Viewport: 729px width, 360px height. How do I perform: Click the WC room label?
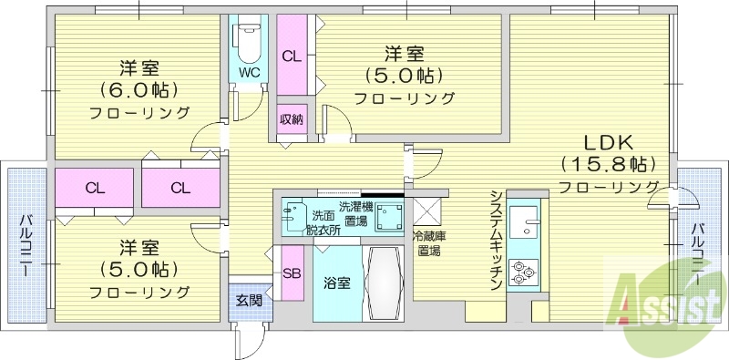click(x=248, y=71)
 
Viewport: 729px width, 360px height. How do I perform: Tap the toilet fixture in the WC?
click(x=248, y=41)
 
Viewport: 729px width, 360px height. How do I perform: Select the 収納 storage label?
click(x=292, y=118)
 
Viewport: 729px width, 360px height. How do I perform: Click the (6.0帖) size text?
click(x=139, y=90)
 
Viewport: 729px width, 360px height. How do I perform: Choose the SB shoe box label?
click(x=292, y=273)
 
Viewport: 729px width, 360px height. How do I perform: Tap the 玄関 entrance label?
click(x=249, y=299)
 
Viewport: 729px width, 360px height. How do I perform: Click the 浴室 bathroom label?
click(x=336, y=283)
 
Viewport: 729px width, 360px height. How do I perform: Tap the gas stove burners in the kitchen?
click(x=525, y=271)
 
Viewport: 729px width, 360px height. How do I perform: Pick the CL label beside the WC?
click(x=291, y=56)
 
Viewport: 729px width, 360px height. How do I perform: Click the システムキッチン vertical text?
click(x=496, y=240)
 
